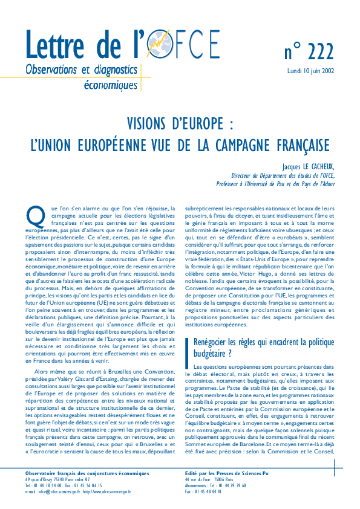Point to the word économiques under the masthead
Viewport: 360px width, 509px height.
[113, 85]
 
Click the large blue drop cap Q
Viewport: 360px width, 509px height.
[35, 215]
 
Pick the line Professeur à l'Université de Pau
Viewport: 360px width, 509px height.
[278, 184]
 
